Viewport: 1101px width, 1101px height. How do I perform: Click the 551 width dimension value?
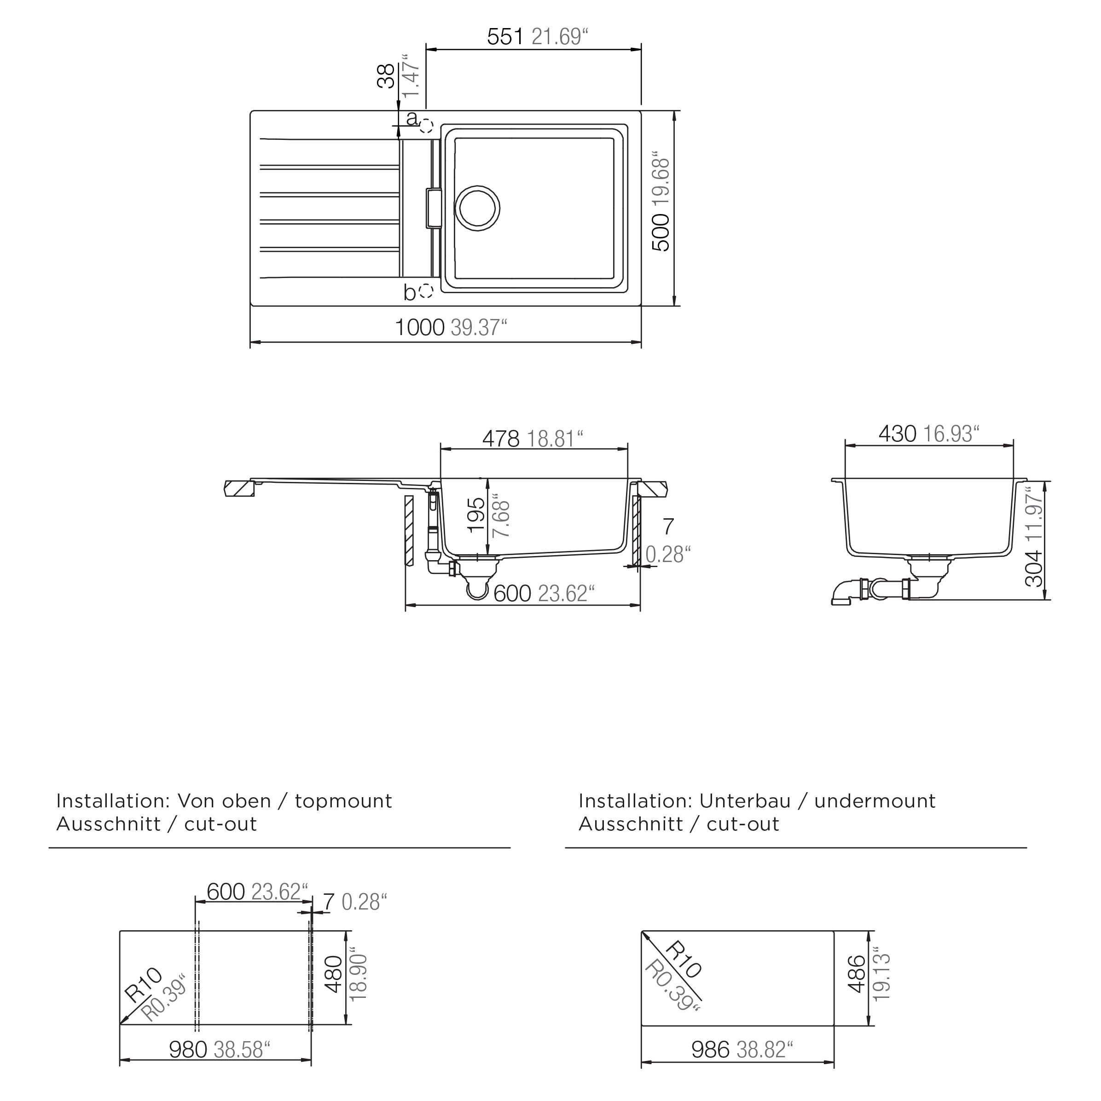point(505,36)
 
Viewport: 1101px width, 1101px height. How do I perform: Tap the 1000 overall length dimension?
point(419,328)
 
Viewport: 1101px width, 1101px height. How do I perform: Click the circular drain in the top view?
point(478,208)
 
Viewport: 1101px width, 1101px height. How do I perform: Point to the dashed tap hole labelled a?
point(426,126)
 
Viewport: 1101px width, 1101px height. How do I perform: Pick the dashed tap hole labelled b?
point(426,291)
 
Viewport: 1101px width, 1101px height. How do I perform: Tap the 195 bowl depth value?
point(476,516)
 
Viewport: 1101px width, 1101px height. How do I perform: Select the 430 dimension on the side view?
point(897,434)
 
